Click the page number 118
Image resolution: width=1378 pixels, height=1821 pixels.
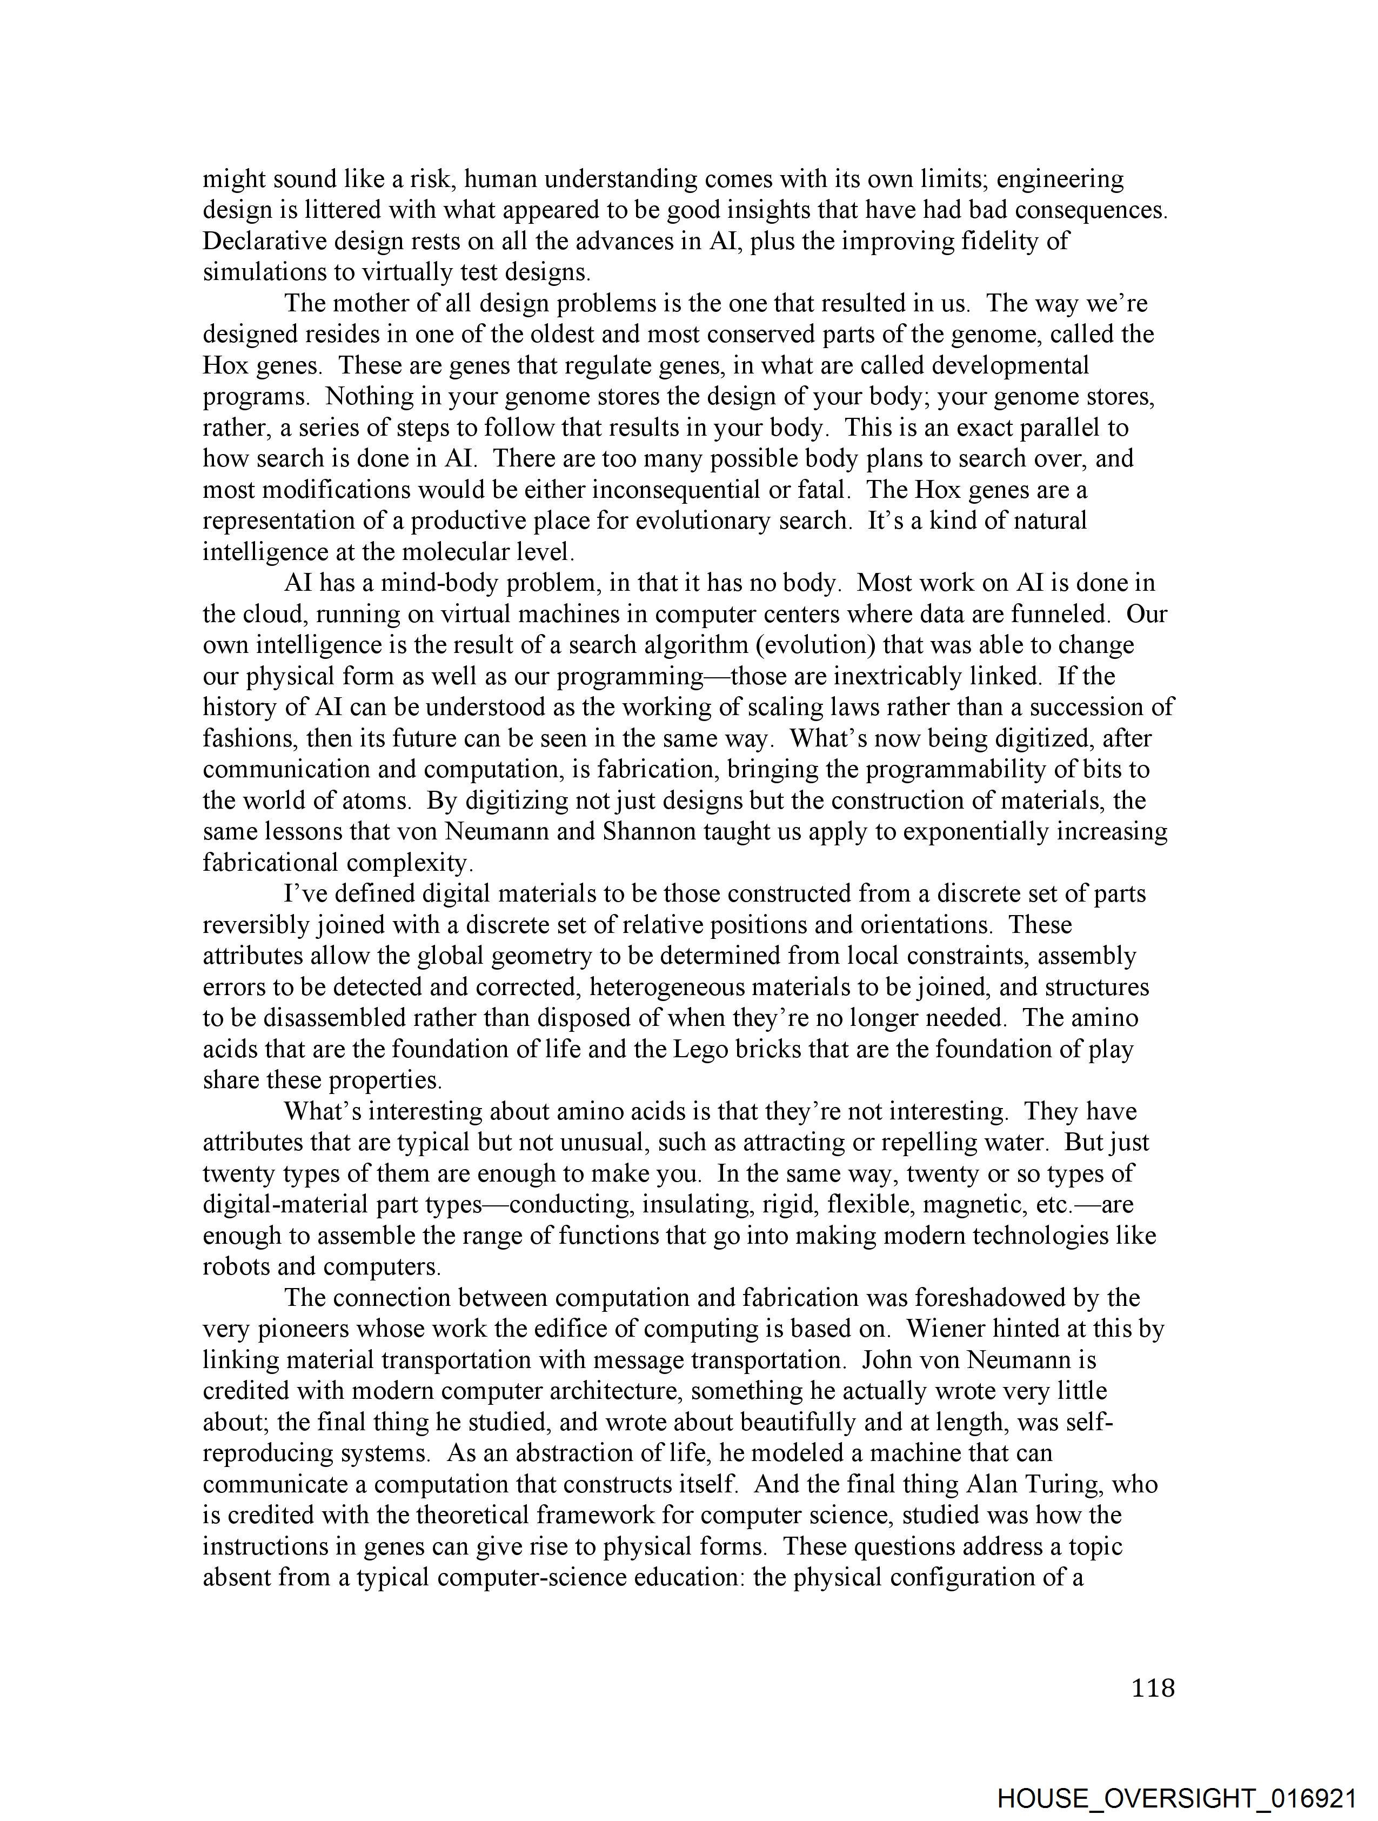(1153, 1689)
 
